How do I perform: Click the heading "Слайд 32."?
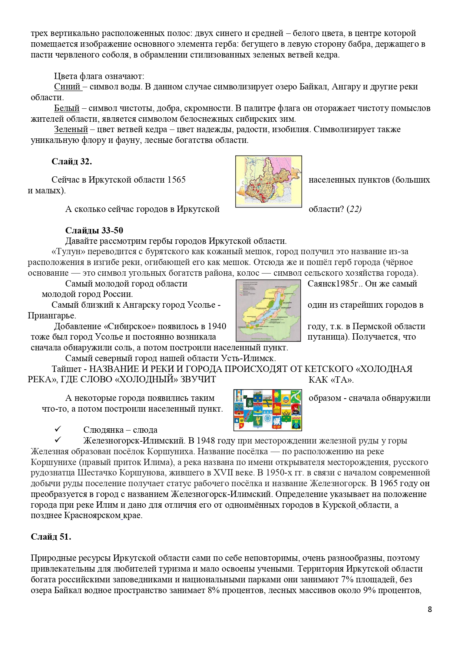tap(72, 161)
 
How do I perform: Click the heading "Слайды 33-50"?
tap(94, 230)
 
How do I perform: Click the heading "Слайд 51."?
tap(51, 537)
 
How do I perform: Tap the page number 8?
tap(430, 609)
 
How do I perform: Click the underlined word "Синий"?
tap(67, 87)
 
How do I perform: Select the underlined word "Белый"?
tap(67, 108)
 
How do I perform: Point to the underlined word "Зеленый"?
tap(71, 130)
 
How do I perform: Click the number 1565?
tap(176, 180)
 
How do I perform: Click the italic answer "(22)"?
tap(354, 209)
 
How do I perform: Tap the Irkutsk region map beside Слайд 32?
tap(268, 181)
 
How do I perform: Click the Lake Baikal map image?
tap(268, 310)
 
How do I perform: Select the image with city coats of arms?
tap(268, 410)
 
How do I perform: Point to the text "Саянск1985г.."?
tap(336, 284)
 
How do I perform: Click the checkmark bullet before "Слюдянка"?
tap(58, 429)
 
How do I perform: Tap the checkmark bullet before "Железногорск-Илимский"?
tap(58, 440)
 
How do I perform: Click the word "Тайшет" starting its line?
tap(66, 369)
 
